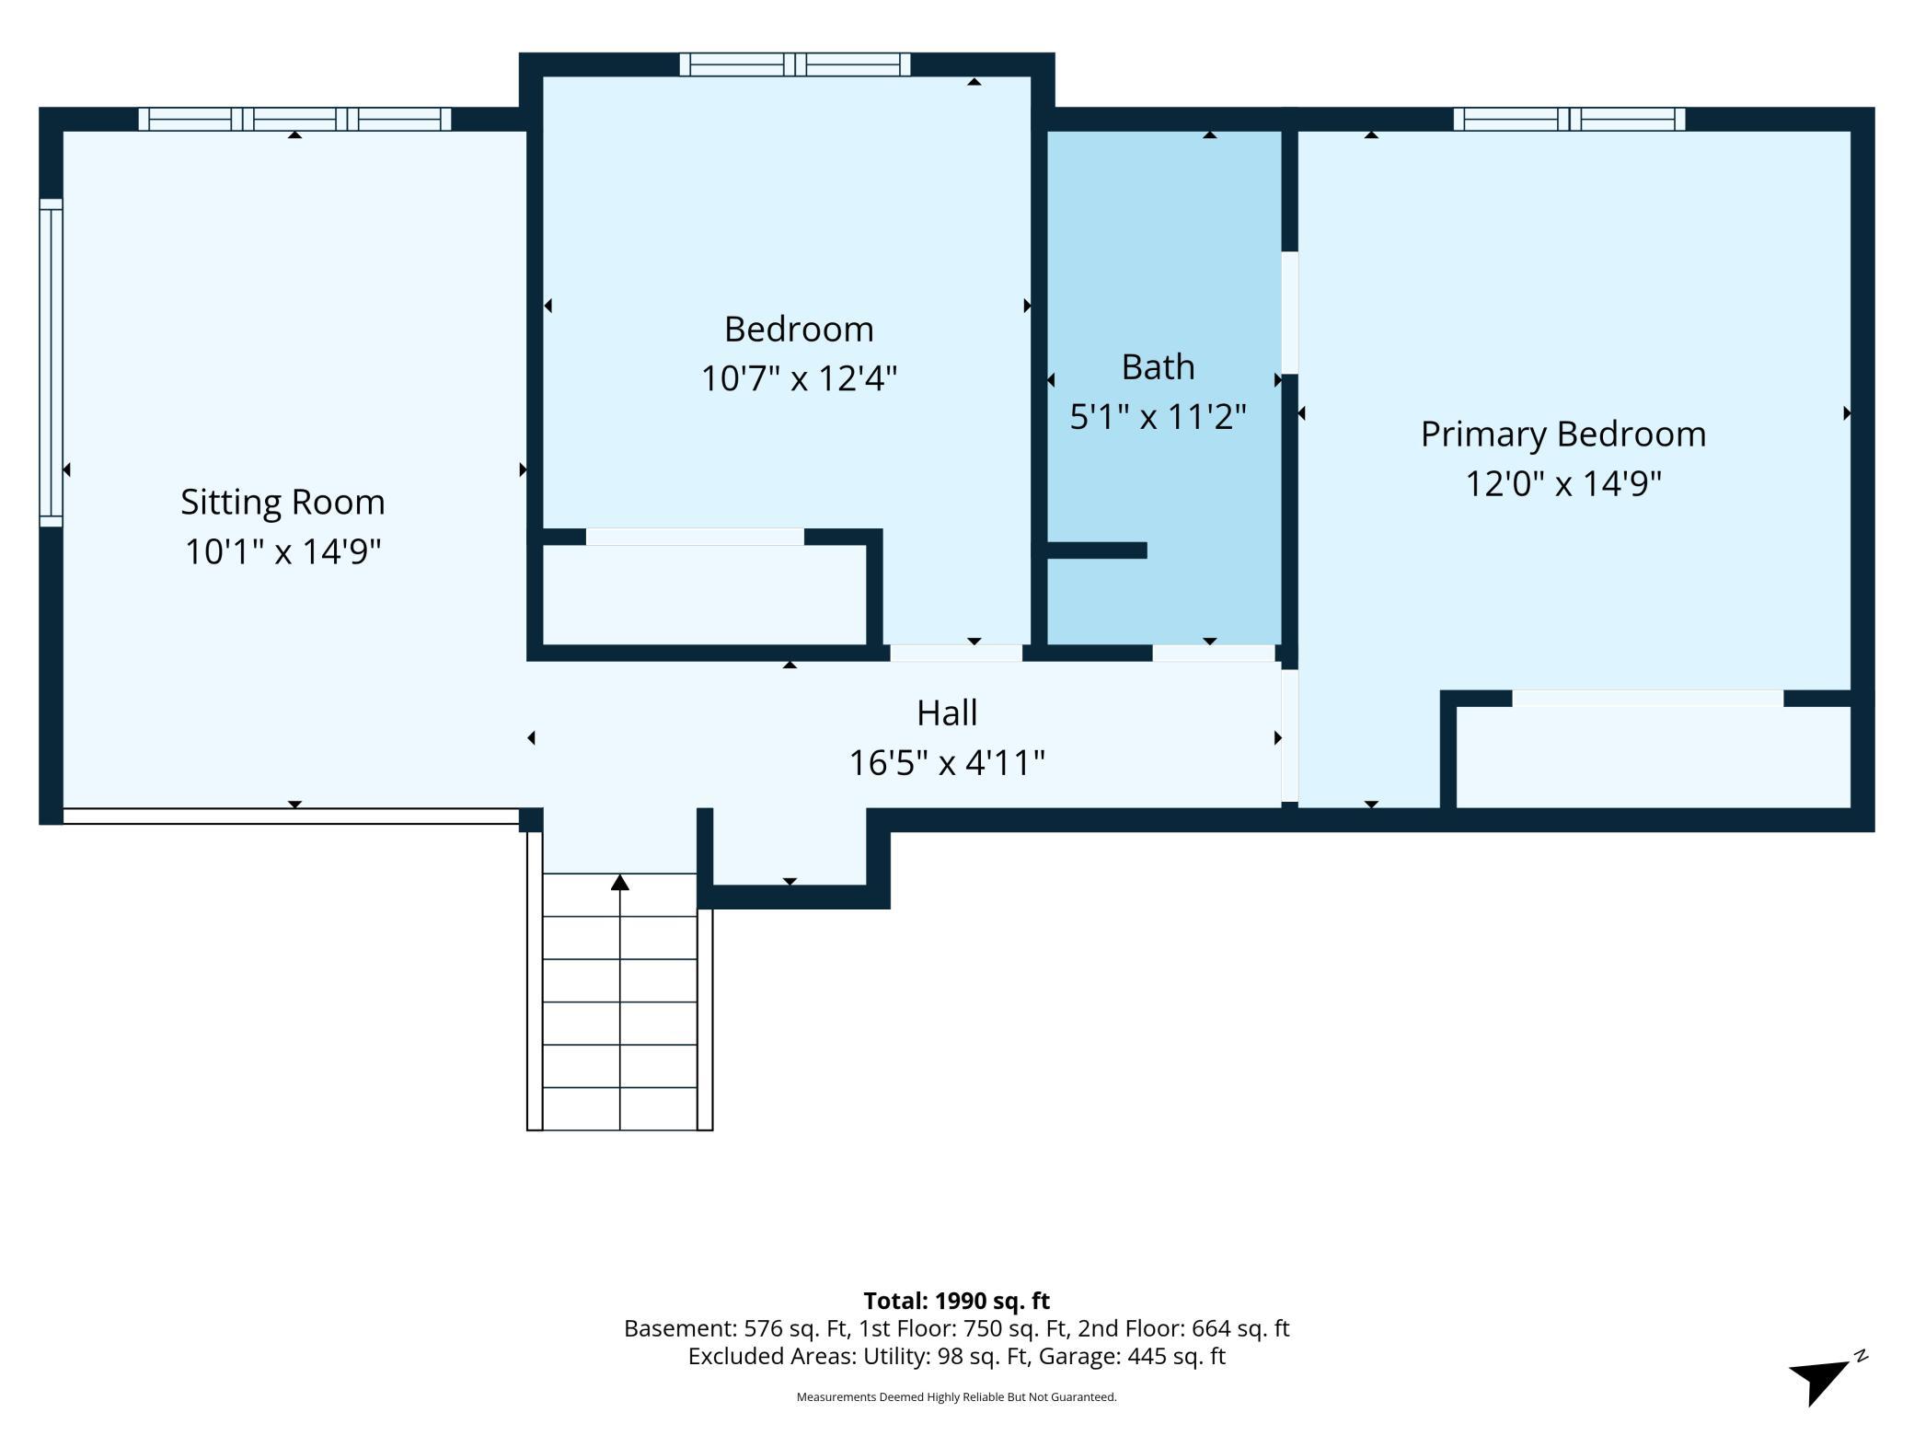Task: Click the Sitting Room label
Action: pos(282,503)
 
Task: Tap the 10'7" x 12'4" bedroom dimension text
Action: pos(799,378)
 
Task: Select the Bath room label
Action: pos(1158,367)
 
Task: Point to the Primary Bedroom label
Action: pos(1563,435)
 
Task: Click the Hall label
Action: pos(947,712)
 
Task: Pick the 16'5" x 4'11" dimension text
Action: pos(947,763)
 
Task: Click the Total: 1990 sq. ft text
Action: pos(956,1301)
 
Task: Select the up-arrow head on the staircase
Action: pos(620,882)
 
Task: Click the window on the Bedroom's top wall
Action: pos(795,64)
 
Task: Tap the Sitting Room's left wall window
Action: pos(51,363)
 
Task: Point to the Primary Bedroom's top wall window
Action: pos(1569,119)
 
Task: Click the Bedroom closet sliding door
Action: pos(695,537)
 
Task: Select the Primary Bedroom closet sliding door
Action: pos(1648,699)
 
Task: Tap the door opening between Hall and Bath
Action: pos(1214,653)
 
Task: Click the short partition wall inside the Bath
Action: pos(1097,550)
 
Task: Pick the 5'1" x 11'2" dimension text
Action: pos(1158,417)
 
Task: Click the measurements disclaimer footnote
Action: pos(956,1397)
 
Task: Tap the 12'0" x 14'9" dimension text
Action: pos(1563,484)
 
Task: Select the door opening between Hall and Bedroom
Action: pos(956,653)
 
